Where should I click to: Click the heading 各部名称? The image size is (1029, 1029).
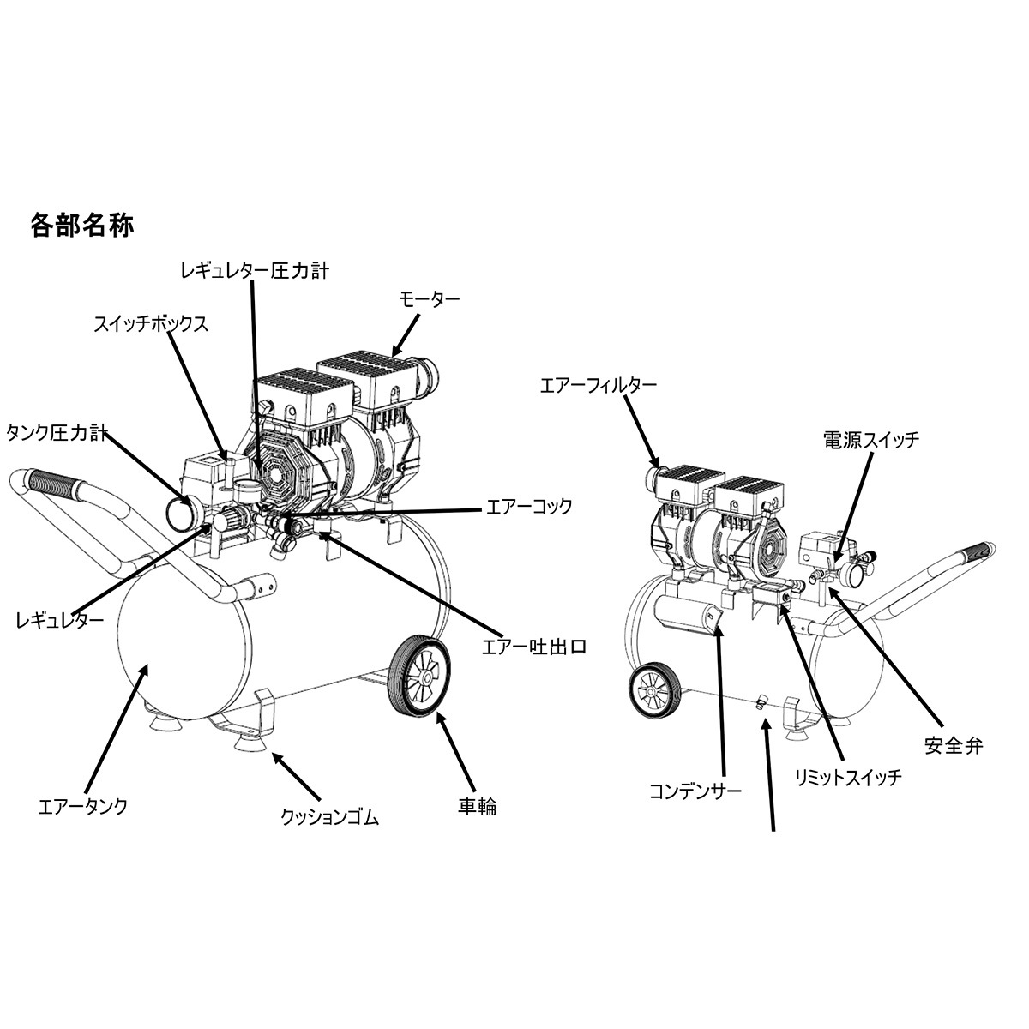(81, 226)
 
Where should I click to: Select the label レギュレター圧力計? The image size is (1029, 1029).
(255, 271)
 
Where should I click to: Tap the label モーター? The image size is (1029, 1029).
(429, 299)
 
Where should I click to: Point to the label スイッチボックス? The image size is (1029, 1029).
(151, 324)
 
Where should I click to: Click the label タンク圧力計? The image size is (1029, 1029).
(57, 432)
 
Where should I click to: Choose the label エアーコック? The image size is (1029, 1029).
(529, 506)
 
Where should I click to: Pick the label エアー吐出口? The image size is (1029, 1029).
(534, 647)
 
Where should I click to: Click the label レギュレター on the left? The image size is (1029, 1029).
(60, 620)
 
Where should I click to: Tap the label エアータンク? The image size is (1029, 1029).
(83, 806)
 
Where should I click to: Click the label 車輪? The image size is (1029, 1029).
(478, 807)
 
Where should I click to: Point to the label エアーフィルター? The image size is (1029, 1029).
(598, 385)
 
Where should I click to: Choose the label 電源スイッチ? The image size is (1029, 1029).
(871, 440)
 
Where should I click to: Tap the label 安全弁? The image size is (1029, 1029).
(954, 746)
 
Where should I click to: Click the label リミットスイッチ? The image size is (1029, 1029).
(849, 777)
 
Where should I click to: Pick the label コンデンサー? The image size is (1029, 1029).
(695, 791)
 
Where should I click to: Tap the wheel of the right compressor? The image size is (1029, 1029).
(654, 691)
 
